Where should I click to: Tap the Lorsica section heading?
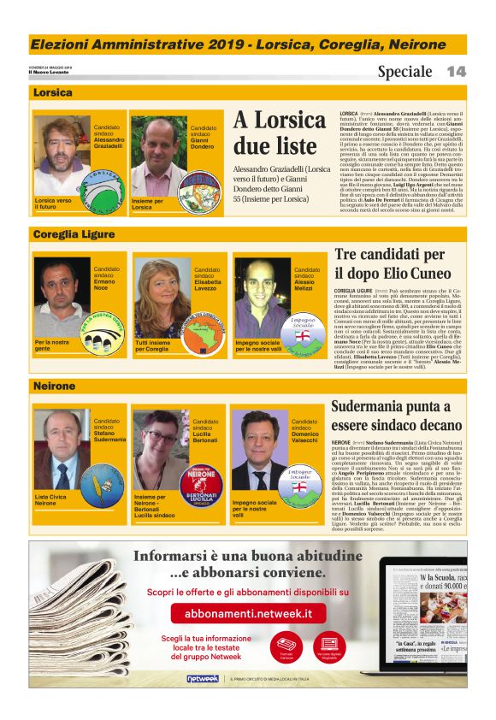tap(53, 92)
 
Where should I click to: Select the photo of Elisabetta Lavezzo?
tap(162, 295)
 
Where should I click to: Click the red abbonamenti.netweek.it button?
tap(242, 613)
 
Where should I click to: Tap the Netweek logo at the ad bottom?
tap(202, 678)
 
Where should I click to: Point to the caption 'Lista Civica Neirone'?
tap(52, 499)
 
